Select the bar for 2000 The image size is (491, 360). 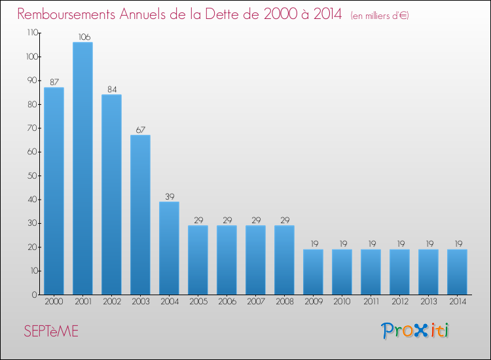[x=54, y=190]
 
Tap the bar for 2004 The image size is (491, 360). [x=169, y=248]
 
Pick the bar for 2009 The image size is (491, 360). [x=313, y=272]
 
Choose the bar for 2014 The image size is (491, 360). [x=457, y=272]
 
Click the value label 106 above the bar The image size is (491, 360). [x=82, y=37]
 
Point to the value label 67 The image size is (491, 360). [x=140, y=130]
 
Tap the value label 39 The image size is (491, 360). [x=169, y=196]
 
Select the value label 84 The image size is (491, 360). [x=111, y=89]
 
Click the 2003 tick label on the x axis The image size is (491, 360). [x=140, y=301]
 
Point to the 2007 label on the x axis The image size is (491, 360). [x=255, y=301]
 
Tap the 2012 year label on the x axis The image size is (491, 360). [x=399, y=301]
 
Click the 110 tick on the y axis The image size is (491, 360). [x=31, y=33]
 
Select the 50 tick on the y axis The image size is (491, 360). [x=33, y=175]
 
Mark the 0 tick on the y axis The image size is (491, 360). [x=35, y=295]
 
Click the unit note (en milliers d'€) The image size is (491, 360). [x=380, y=16]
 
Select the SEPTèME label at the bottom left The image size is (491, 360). [x=50, y=332]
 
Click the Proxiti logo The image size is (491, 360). [x=416, y=331]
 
